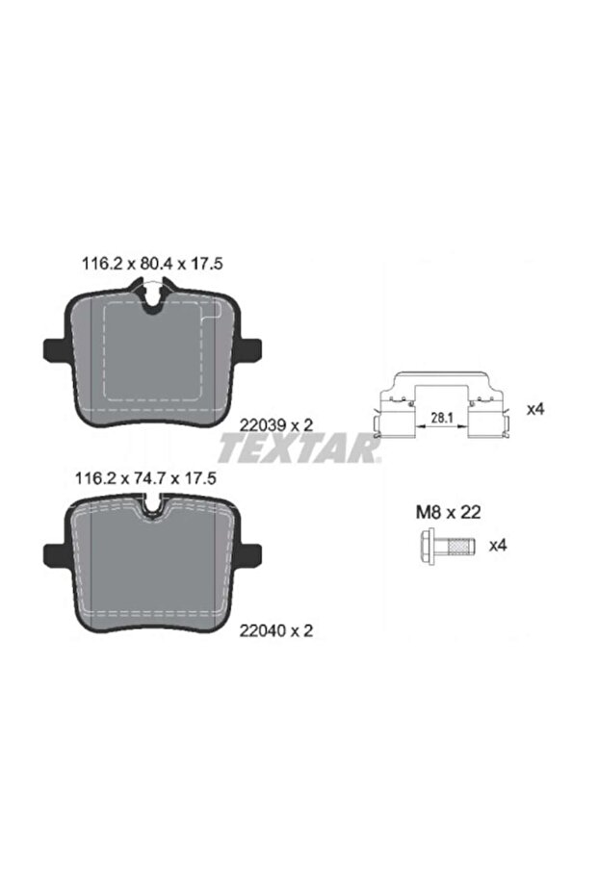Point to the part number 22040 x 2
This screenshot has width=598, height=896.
pos(275,631)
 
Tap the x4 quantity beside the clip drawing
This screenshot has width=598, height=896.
pos(536,408)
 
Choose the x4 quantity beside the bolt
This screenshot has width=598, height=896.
pos(498,545)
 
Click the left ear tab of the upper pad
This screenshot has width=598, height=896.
pos(52,348)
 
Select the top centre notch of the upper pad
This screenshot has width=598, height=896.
pos(151,287)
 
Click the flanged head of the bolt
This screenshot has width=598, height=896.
pos(427,545)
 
